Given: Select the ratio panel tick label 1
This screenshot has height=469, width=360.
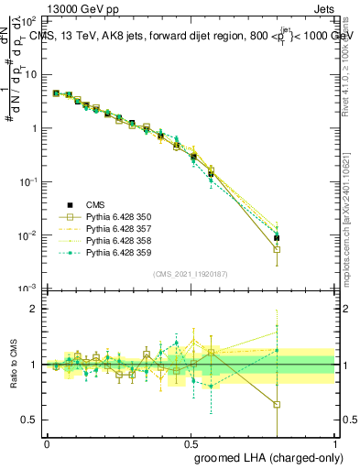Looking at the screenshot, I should [x=34, y=365].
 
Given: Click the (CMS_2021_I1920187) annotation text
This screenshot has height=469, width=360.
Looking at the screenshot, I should [x=190, y=274].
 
